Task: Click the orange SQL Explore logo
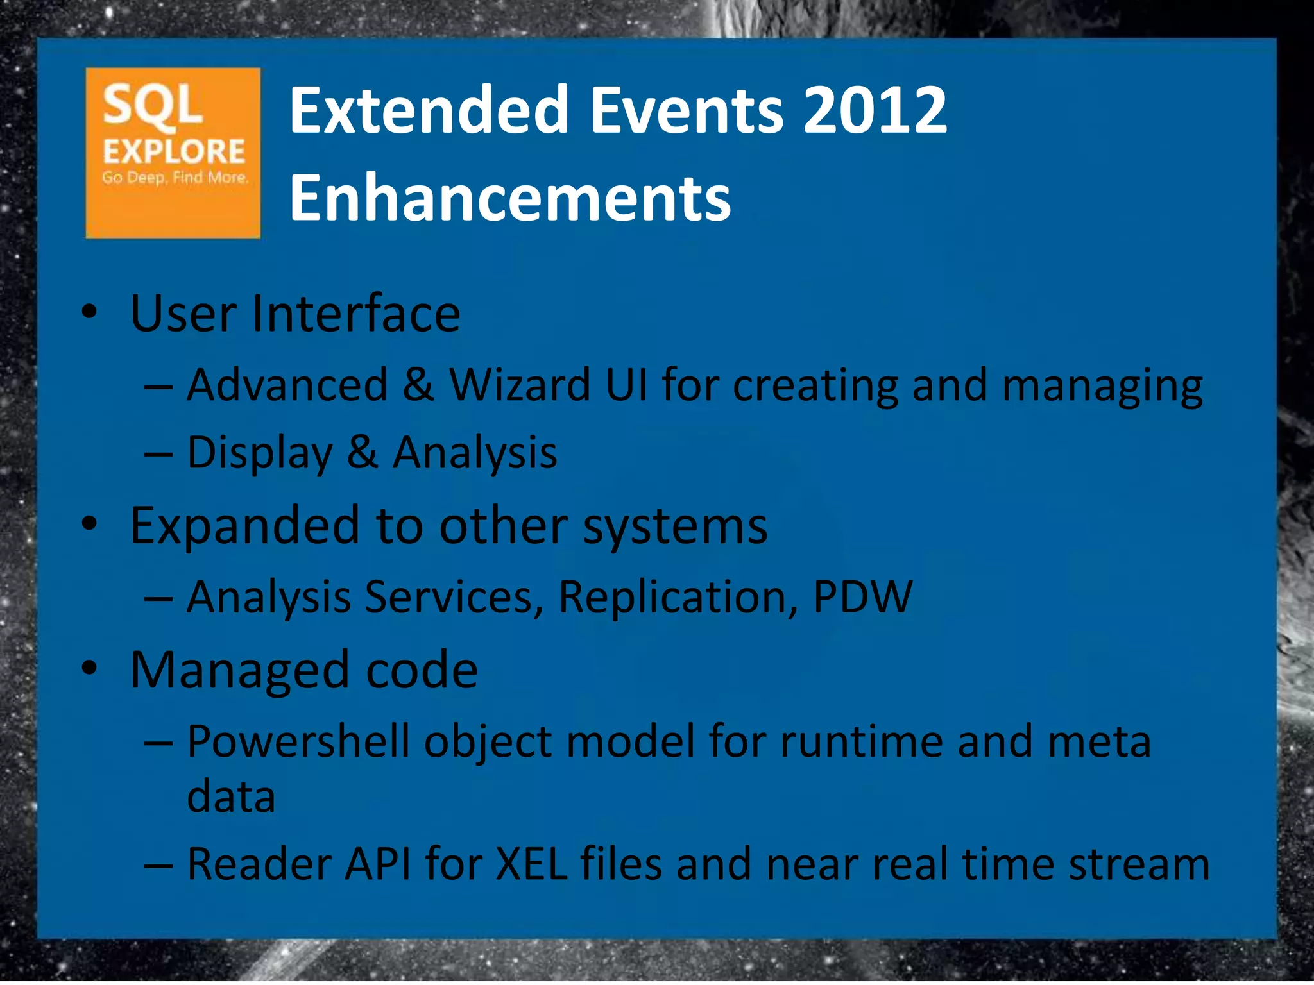(173, 153)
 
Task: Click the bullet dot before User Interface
(90, 312)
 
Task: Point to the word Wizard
(520, 385)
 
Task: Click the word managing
(1102, 387)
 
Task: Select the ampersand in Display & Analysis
(363, 453)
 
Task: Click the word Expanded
(244, 526)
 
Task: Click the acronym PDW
(862, 597)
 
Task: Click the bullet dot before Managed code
(90, 668)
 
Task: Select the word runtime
(861, 742)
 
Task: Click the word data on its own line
(231, 797)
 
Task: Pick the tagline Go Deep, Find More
(175, 178)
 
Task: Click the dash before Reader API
(158, 865)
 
